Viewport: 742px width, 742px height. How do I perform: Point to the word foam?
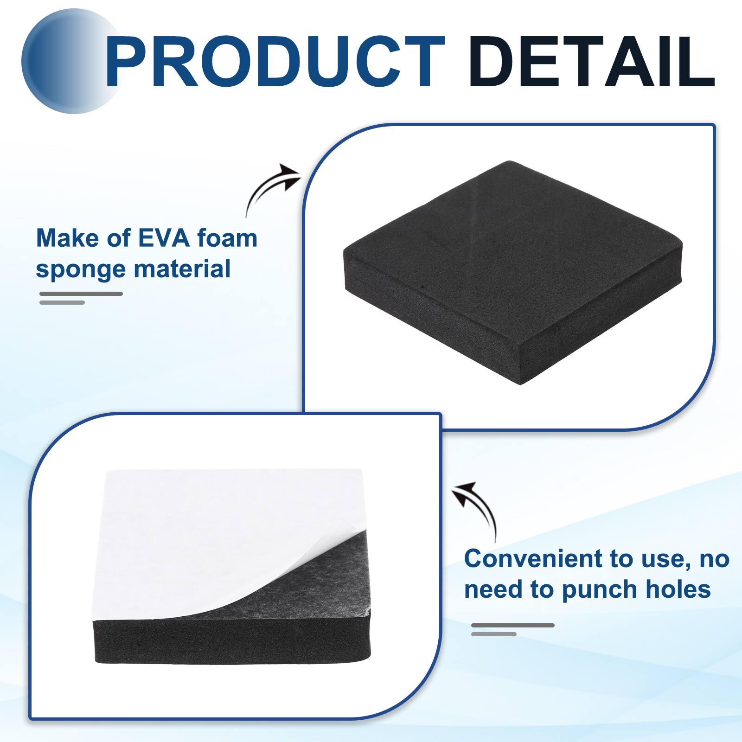[227, 238]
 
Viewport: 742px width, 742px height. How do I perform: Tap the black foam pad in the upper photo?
[510, 241]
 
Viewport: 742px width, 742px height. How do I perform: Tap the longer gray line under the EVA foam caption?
[81, 294]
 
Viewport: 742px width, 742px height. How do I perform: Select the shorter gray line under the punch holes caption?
[493, 634]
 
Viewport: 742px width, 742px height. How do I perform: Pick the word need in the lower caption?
[494, 589]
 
